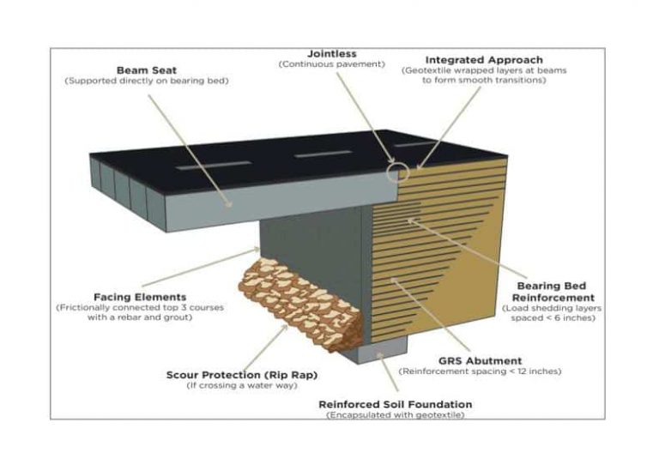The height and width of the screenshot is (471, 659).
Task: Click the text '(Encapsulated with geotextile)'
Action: click(395, 415)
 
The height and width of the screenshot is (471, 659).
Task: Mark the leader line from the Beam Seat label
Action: click(189, 146)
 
